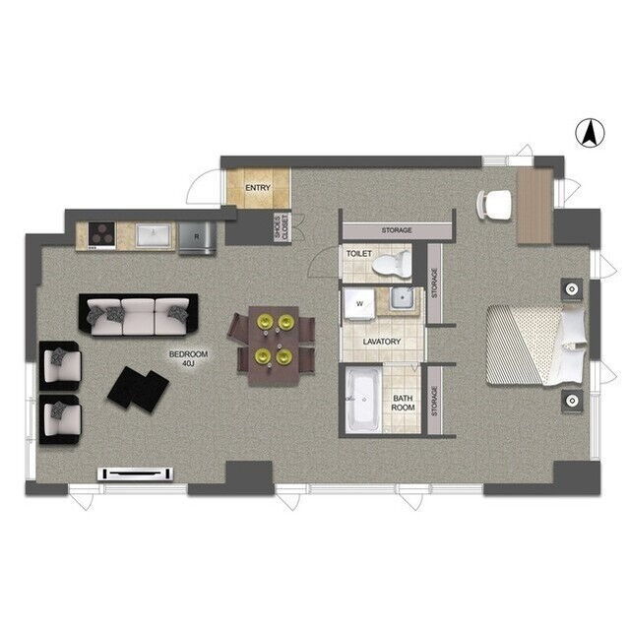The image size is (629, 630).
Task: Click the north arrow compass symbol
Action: tap(590, 134)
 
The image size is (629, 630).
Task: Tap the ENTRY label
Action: tap(258, 188)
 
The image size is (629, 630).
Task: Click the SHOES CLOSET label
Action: tap(282, 227)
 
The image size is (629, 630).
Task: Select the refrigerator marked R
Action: tap(197, 238)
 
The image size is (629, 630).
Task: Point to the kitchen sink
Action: tap(153, 235)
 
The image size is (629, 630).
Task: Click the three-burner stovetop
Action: tap(101, 234)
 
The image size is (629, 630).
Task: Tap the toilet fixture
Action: tap(392, 265)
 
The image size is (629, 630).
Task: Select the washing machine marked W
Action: tap(359, 304)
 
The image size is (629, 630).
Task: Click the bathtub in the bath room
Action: tap(364, 400)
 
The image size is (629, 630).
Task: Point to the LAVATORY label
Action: tap(382, 342)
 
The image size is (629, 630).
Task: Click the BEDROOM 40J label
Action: tap(188, 358)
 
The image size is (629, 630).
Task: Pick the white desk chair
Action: tap(494, 204)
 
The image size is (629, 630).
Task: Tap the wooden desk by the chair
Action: tap(535, 206)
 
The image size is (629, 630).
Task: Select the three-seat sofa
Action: tap(139, 316)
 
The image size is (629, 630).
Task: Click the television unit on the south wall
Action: tap(136, 474)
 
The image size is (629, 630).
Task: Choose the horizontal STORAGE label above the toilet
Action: tap(397, 230)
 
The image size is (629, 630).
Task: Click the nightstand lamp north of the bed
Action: tap(572, 289)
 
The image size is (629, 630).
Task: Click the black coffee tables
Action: tap(138, 389)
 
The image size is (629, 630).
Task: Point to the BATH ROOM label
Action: tap(403, 403)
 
